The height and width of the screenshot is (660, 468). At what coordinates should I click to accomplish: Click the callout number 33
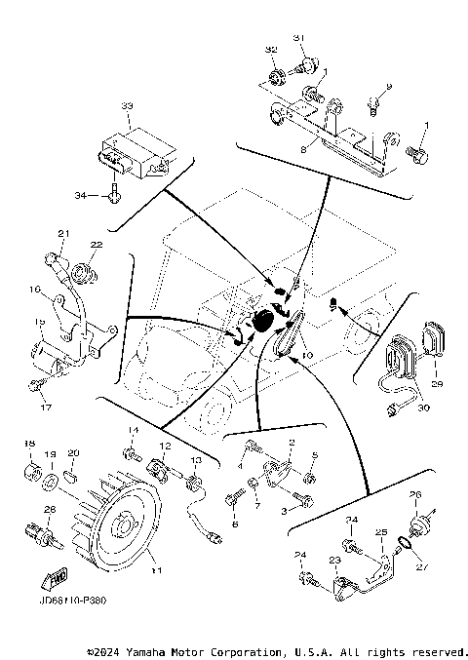126,105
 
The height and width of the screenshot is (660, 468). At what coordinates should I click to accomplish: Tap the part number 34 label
81,195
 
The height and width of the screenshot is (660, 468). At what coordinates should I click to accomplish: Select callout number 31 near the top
299,38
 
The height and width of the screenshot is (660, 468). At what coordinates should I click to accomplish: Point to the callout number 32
270,49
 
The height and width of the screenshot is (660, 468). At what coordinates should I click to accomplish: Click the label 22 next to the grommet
97,244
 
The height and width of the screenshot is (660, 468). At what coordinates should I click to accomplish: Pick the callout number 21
63,233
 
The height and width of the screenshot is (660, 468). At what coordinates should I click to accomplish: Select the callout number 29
436,385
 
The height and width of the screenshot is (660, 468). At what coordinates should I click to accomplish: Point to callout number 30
423,408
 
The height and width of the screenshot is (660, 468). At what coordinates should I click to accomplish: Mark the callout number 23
333,560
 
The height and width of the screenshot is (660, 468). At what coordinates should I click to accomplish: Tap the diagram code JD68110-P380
69,600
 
